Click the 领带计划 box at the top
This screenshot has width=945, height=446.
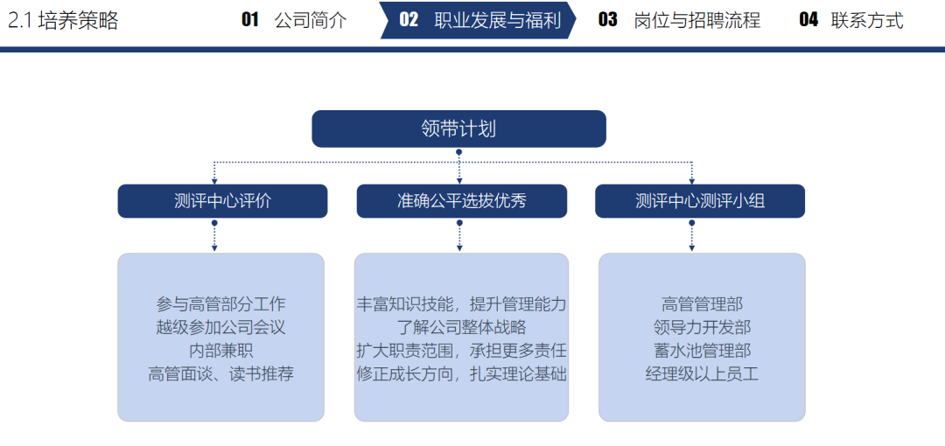pos(458,129)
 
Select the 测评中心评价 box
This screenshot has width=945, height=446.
pos(222,201)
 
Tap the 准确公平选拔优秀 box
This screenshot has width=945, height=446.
pos(462,201)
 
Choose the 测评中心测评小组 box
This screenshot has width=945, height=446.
pos(700,201)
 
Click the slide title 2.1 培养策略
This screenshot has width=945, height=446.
pos(63,20)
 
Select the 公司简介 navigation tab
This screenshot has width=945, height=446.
pos(294,20)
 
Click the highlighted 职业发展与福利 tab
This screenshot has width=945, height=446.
pos(478,20)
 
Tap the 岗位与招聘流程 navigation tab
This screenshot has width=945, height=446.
pos(679,20)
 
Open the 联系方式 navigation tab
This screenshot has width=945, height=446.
pos(851,20)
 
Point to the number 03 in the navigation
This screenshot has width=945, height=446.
pos(607,20)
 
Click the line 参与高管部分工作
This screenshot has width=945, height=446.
pos(220,303)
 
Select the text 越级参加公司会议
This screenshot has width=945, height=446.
pos(220,327)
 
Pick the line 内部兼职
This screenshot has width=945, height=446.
pos(220,350)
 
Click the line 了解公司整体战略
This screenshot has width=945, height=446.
pos(462,327)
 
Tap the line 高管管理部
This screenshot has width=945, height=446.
pos(702,303)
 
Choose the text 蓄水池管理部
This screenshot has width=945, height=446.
pos(702,350)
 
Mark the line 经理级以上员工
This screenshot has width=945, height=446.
pos(702,373)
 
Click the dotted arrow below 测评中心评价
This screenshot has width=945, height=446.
pos(214,235)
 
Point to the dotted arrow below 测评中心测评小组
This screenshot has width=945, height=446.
pos(692,235)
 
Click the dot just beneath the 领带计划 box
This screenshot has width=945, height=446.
pos(458,152)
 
